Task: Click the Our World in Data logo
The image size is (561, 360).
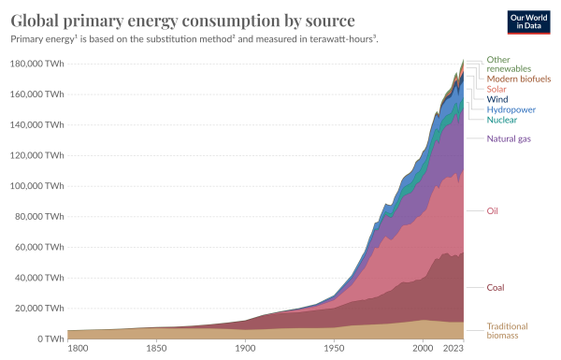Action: pyautogui.click(x=528, y=22)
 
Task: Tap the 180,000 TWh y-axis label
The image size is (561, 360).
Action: pyautogui.click(x=36, y=64)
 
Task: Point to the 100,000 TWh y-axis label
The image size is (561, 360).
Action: pyautogui.click(x=36, y=186)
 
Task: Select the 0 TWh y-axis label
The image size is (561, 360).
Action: pyautogui.click(x=50, y=338)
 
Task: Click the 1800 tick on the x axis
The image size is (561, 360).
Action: pyautogui.click(x=78, y=348)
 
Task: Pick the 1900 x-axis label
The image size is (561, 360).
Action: pyautogui.click(x=245, y=348)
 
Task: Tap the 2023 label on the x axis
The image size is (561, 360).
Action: pyautogui.click(x=453, y=348)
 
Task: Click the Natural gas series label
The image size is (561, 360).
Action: pyautogui.click(x=509, y=138)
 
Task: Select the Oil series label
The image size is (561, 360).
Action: pyautogui.click(x=493, y=210)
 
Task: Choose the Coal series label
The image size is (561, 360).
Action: pyautogui.click(x=496, y=287)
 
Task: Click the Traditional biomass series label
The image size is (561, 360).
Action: pyautogui.click(x=507, y=331)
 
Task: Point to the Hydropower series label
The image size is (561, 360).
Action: pyautogui.click(x=511, y=109)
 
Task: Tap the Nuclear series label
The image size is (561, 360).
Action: pyautogui.click(x=501, y=120)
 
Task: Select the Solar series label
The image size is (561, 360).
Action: pyautogui.click(x=496, y=89)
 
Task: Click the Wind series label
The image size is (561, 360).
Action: pyautogui.click(x=497, y=99)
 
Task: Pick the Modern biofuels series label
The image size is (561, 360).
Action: pyautogui.click(x=519, y=79)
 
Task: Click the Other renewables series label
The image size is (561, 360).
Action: pyautogui.click(x=509, y=65)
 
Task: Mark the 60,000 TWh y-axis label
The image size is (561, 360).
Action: pyautogui.click(x=39, y=247)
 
